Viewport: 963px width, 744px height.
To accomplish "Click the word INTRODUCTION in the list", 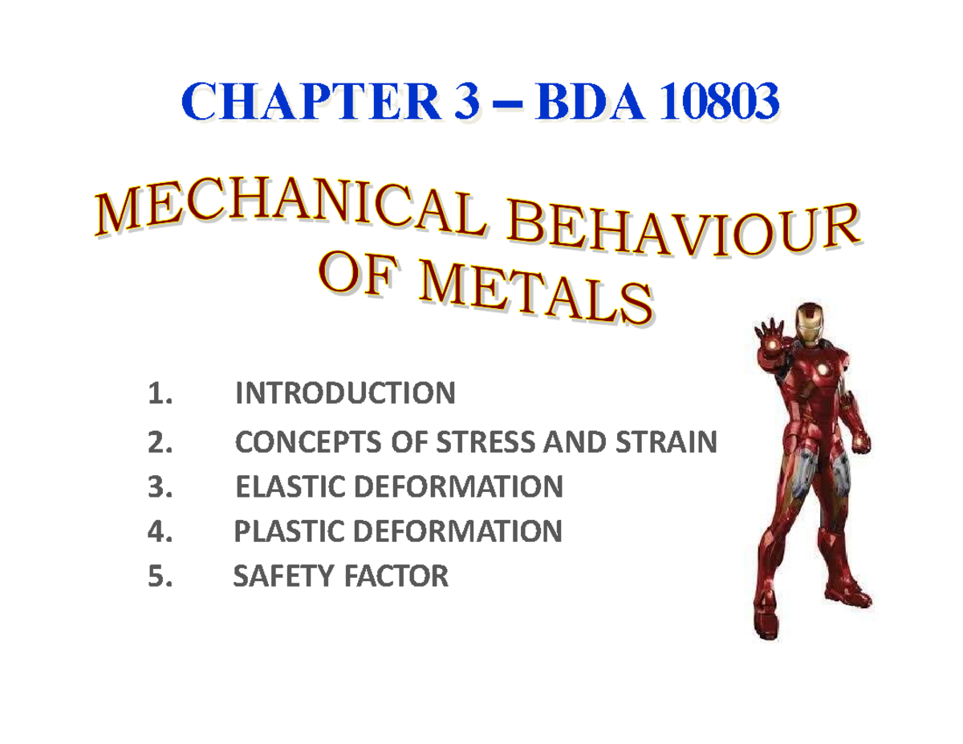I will pyautogui.click(x=345, y=394).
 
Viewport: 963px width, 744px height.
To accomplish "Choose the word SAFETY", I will pyautogui.click(x=276, y=576).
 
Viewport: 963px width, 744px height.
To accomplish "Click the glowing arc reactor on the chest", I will pyautogui.click(x=823, y=368).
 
